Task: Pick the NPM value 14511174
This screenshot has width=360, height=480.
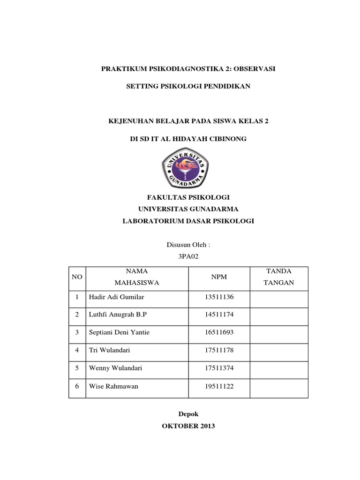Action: tap(219, 315)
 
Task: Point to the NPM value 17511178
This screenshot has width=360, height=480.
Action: tap(219, 350)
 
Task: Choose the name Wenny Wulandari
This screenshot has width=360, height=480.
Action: tap(115, 368)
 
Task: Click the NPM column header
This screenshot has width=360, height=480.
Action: tap(219, 277)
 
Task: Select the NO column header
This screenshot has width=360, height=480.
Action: tap(77, 277)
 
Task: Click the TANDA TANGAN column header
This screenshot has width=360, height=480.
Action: tap(279, 277)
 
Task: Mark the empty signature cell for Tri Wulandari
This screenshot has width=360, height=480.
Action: tap(279, 350)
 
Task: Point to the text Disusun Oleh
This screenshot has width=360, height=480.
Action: tap(186, 245)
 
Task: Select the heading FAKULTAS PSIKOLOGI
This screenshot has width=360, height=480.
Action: tap(187, 197)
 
